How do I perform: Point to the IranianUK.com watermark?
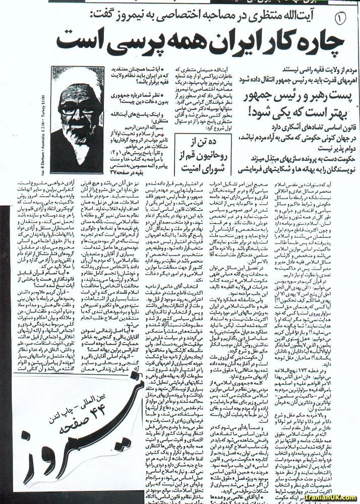point(333,498)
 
